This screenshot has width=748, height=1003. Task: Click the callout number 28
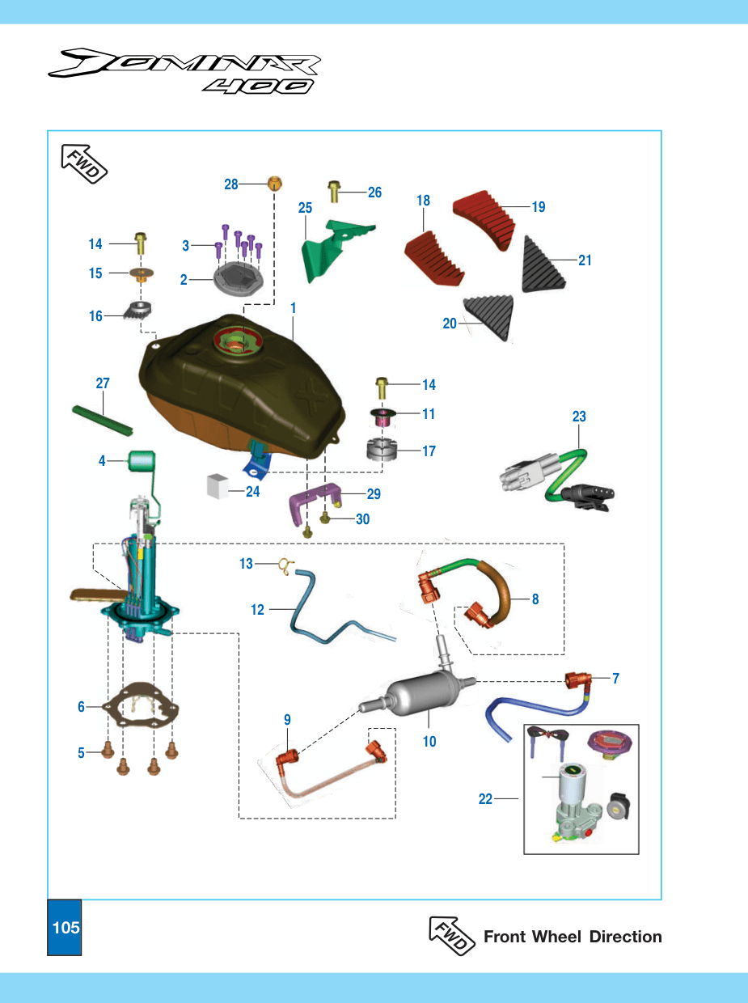point(231,184)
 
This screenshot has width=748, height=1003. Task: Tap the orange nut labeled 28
point(274,184)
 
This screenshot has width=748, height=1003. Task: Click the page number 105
point(66,928)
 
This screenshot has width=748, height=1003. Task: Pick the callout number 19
point(539,207)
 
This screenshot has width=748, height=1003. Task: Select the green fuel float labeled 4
point(142,460)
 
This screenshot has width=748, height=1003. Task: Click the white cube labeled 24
point(218,486)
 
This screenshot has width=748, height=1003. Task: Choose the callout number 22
point(485,798)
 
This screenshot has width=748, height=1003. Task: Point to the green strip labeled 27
point(102,421)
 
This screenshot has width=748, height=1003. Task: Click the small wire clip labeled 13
point(286,566)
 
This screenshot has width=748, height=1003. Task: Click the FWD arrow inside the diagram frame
point(84,164)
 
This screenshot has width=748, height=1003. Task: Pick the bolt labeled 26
point(334,192)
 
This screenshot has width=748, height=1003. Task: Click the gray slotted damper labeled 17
point(382,449)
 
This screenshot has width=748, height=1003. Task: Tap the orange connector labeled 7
point(577,680)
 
